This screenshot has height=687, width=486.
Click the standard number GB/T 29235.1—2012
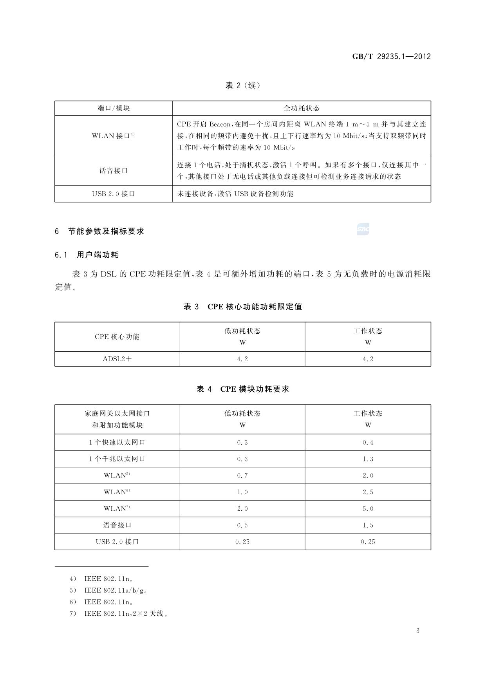(391, 56)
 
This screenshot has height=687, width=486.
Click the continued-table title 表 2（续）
(242, 85)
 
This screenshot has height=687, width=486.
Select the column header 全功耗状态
(301, 108)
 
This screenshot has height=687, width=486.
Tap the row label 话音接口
(114, 171)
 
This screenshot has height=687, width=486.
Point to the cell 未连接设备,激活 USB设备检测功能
(235, 193)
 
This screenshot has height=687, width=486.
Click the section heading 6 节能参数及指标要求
(99, 231)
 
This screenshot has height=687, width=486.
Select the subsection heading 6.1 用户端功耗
(87, 255)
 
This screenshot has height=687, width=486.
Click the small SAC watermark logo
(363, 229)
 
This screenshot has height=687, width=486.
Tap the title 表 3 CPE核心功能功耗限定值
(243, 307)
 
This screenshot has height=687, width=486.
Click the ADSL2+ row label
(117, 359)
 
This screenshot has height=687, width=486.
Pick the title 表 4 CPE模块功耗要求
(243, 389)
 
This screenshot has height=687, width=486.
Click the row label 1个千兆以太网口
(117, 459)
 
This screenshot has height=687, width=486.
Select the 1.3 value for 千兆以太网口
(368, 459)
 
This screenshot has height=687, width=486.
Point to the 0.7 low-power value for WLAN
(242, 475)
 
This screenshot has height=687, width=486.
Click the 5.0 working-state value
(368, 508)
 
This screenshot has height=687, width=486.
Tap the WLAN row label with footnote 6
(117, 492)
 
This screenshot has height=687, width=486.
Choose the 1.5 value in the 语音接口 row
(368, 525)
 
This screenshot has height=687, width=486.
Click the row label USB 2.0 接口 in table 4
(117, 542)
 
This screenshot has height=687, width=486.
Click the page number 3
(417, 631)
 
